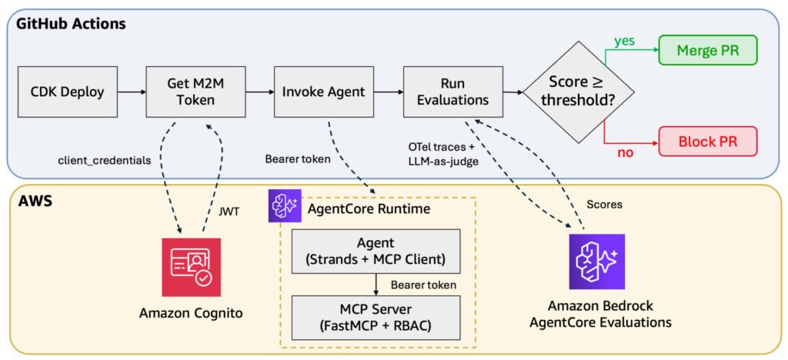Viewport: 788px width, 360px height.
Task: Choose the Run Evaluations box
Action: click(452, 92)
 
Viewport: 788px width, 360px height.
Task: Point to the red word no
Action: click(625, 152)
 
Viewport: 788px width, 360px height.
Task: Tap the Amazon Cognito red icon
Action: click(191, 268)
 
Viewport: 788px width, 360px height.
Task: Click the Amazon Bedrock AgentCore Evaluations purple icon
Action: click(596, 262)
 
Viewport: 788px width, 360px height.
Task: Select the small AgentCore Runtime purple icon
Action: click(285, 206)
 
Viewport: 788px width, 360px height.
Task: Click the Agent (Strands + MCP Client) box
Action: click(376, 251)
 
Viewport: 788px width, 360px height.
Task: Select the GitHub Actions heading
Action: click(71, 23)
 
